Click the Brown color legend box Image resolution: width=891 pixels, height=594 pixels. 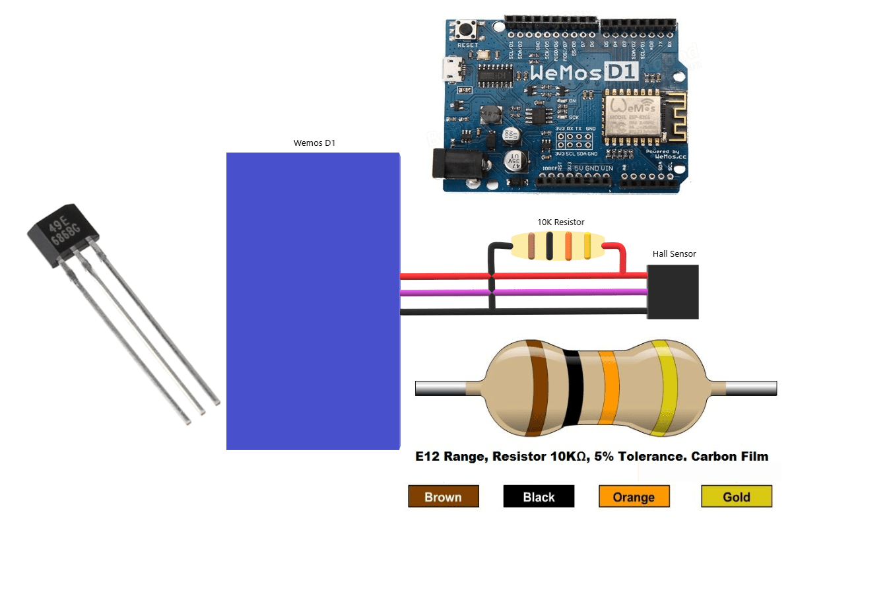pos(443,496)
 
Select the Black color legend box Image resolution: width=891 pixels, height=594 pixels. pos(539,496)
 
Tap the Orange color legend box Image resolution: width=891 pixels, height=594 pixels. pos(634,496)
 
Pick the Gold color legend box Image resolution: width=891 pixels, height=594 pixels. pos(736,496)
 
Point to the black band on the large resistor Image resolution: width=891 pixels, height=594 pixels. pos(572,388)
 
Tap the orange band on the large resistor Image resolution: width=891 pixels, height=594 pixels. pos(609,388)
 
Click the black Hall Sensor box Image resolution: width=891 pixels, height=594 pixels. pos(673,292)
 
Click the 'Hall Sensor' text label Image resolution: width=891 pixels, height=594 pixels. pos(674,253)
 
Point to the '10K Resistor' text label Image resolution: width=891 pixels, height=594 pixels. pos(560,222)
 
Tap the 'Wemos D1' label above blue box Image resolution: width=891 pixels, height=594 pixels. pos(314,143)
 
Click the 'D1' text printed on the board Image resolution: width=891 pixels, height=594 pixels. pos(621,71)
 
